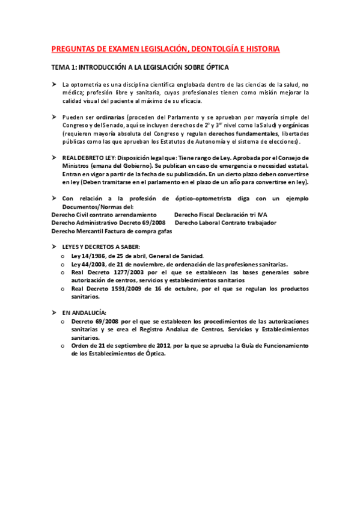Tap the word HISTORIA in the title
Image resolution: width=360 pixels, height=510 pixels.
pyautogui.click(x=260, y=48)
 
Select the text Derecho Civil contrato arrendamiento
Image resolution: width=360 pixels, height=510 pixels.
pyautogui.click(x=99, y=214)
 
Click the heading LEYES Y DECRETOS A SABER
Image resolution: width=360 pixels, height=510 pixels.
pyautogui.click(x=102, y=247)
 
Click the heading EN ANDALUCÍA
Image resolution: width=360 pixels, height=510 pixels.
pyautogui.click(x=84, y=313)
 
